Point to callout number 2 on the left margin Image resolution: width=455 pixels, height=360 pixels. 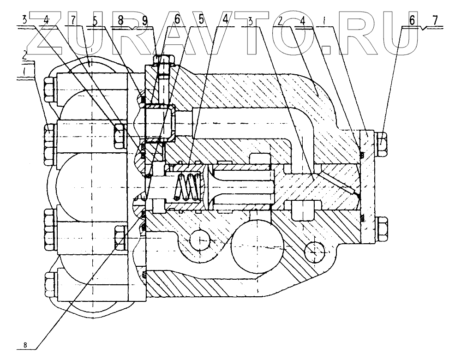click(24, 55)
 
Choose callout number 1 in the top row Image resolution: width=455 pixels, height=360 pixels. click(326, 20)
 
